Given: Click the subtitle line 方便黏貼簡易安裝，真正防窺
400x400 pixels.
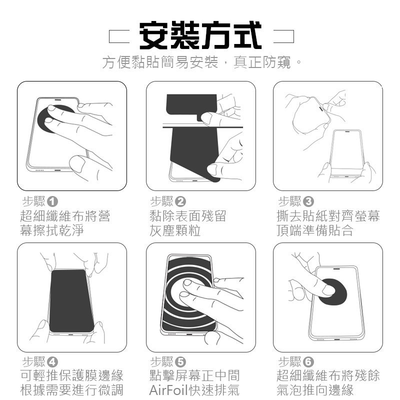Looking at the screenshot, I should (x=200, y=63).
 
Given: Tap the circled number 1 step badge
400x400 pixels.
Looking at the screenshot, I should (x=52, y=202).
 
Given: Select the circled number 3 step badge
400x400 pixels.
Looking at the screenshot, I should (x=308, y=202).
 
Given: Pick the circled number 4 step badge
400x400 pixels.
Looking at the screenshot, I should (x=52, y=362).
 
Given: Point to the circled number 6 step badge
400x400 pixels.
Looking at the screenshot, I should (x=308, y=362).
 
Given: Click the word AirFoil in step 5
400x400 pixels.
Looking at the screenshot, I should (x=167, y=390).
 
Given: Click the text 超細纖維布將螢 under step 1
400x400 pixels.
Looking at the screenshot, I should (x=65, y=216).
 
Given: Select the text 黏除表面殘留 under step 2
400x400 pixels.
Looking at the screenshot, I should (x=188, y=216).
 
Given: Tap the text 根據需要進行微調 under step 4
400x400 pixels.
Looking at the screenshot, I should (x=71, y=390).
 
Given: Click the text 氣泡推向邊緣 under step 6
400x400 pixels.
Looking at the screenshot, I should (x=314, y=390).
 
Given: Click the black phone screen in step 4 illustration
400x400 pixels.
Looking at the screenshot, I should (x=71, y=300).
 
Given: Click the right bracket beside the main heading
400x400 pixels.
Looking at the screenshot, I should (x=285, y=36).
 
